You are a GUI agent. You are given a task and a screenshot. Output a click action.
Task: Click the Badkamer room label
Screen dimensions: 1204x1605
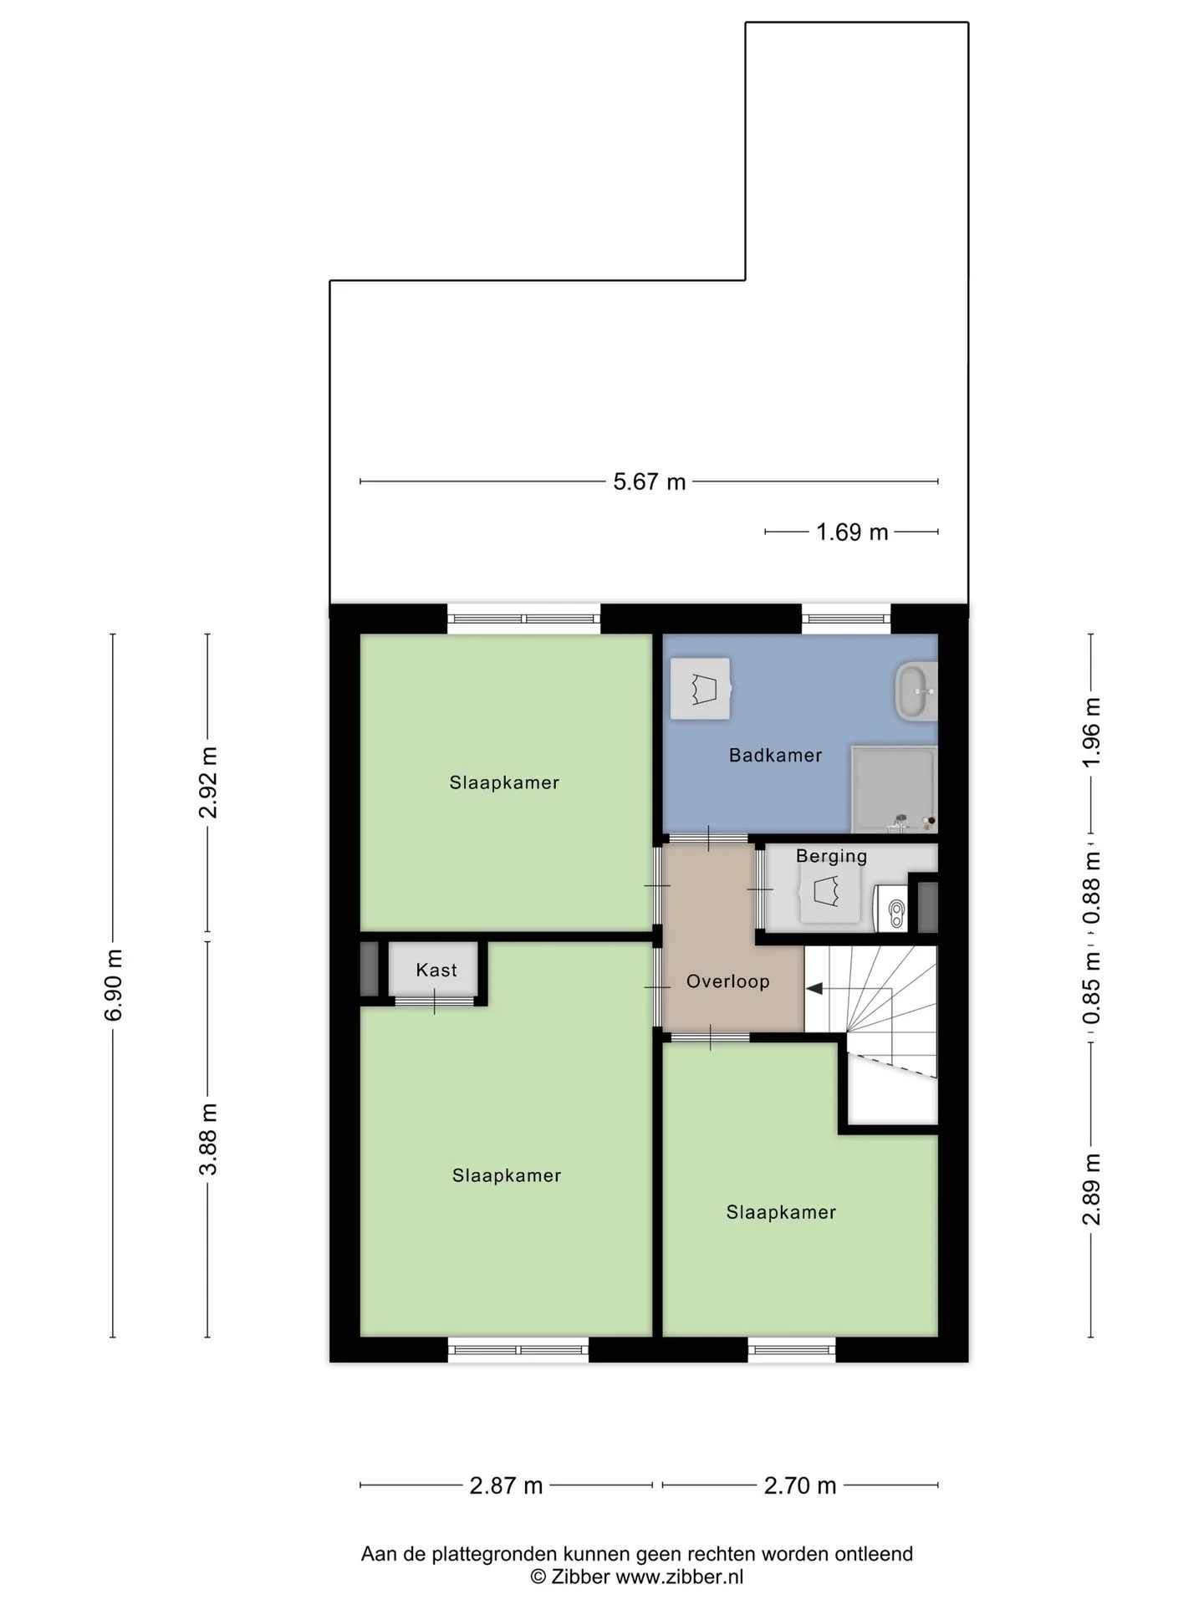[775, 755]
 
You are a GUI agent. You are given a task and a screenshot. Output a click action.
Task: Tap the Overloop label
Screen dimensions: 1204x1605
[727, 981]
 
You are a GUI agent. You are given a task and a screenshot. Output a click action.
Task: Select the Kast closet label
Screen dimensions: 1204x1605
[436, 970]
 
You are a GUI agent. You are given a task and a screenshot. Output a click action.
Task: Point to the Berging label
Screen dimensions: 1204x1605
[831, 856]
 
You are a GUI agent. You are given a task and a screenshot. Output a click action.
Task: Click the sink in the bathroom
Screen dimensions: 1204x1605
[916, 691]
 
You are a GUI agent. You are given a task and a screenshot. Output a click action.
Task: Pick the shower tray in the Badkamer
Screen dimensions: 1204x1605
[894, 789]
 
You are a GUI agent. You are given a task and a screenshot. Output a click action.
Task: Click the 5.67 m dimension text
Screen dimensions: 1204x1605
[650, 481]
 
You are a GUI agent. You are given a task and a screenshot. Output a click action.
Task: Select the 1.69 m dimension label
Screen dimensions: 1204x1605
[852, 532]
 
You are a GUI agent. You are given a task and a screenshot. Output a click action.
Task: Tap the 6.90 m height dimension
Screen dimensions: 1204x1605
[114, 985]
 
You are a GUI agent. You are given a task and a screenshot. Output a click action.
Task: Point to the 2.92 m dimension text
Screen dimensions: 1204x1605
[208, 782]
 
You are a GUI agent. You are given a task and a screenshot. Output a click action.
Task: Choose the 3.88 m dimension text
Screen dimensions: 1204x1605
[208, 1139]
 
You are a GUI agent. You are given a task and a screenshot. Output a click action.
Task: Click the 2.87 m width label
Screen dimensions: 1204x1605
[506, 1485]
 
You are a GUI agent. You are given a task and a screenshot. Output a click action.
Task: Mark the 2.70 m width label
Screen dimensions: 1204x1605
[800, 1485]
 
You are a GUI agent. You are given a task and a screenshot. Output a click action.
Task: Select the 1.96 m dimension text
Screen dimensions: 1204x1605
[1092, 731]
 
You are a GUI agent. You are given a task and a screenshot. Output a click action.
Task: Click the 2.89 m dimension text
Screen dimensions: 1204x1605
[1092, 1189]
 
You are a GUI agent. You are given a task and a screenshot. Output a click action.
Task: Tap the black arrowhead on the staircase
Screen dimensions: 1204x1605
[814, 989]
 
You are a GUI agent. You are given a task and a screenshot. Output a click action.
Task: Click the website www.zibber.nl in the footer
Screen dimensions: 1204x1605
[679, 1577]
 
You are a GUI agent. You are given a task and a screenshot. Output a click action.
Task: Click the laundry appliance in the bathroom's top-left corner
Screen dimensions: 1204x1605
[701, 689]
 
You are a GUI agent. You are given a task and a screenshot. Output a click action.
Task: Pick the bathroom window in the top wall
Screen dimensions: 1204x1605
[846, 619]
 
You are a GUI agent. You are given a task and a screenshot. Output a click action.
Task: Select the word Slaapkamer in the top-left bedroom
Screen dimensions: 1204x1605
[504, 782]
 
